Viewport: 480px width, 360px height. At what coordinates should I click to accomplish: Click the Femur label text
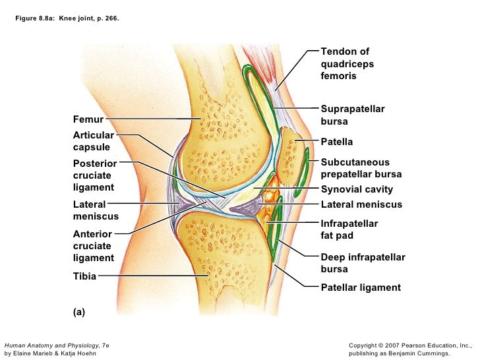pos(88,120)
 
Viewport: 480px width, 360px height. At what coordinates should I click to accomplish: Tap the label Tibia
pos(84,276)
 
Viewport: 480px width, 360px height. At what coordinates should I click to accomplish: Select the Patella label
pos(336,142)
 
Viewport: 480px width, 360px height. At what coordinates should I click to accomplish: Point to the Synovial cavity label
pos(356,189)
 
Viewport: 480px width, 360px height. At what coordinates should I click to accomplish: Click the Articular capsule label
pos(94,141)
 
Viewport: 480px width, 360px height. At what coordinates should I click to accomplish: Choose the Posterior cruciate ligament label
pos(95,175)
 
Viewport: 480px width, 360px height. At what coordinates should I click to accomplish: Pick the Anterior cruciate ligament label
pos(93,246)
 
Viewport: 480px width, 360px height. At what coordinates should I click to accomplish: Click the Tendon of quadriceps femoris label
pos(347,64)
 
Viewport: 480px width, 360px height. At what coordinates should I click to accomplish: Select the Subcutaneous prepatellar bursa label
pos(361,169)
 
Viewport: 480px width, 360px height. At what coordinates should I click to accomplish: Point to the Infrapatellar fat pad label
pos(349,229)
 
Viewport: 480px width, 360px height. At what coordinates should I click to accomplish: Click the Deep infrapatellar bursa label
pos(363,263)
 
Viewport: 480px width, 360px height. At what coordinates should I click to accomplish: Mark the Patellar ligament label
pos(360,287)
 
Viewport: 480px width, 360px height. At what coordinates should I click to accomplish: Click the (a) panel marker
pos(79,313)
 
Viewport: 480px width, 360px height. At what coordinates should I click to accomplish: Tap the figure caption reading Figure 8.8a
pos(68,18)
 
